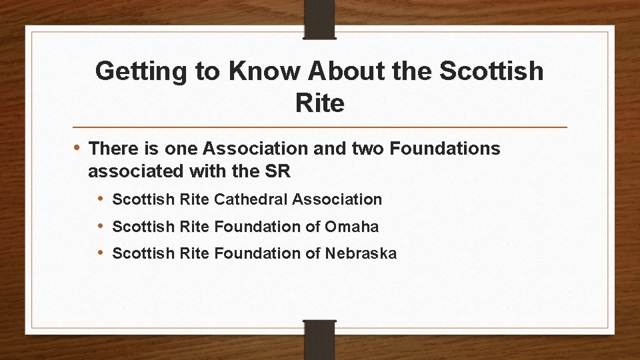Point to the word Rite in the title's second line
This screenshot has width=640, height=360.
click(319, 103)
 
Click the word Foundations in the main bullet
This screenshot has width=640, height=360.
click(445, 149)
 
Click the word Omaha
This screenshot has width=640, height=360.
click(351, 227)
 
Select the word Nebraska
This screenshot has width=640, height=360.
click(361, 253)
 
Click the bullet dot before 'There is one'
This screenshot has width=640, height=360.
click(77, 147)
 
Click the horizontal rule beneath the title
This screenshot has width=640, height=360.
click(320, 127)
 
